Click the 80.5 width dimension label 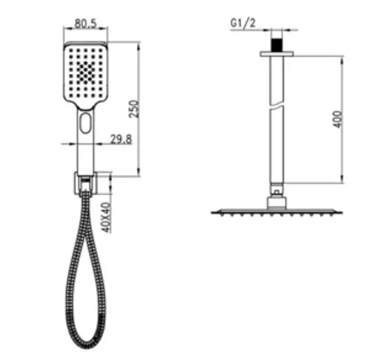tap(85, 24)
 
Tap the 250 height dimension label tap(135, 109)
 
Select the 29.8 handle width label tap(121, 139)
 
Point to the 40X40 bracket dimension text tap(107, 217)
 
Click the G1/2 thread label tap(243, 23)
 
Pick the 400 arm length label tap(338, 119)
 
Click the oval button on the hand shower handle tap(85, 123)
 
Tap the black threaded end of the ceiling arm tap(277, 45)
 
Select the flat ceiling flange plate tap(277, 54)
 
